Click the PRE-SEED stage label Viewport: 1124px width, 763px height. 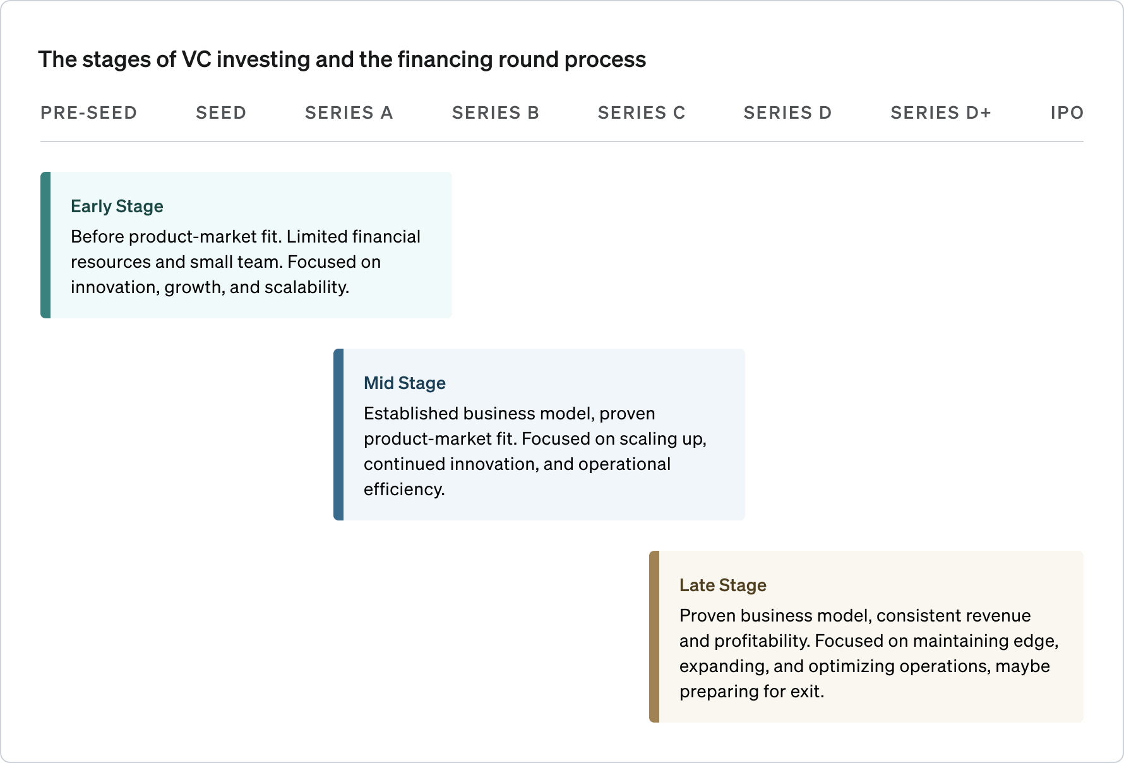88,113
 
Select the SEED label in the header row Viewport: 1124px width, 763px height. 221,113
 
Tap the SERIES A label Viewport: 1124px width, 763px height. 349,113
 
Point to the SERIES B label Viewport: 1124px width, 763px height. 496,113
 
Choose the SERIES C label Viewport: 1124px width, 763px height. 642,113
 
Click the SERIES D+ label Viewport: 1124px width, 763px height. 941,113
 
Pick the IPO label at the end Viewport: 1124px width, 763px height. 1067,113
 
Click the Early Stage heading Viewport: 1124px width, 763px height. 117,207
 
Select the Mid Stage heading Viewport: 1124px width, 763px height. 405,383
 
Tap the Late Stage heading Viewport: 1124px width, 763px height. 723,586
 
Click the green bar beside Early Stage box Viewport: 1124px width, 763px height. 45,245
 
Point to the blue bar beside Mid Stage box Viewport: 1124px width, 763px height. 338,435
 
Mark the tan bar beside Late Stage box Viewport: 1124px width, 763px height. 654,637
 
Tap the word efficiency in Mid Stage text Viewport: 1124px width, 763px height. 404,490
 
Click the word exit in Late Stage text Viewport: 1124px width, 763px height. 806,692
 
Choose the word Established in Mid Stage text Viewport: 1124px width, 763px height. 410,414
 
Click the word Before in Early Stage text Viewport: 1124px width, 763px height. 97,237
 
